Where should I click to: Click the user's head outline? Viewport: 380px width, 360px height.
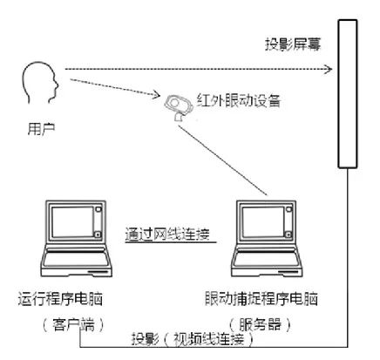tap(24, 78)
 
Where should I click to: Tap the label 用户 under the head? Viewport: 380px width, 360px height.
tap(41, 129)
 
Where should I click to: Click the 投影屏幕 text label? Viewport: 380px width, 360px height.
tap(293, 44)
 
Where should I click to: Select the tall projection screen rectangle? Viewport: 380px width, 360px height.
tap(348, 93)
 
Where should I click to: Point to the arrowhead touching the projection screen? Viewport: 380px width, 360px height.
tap(329, 69)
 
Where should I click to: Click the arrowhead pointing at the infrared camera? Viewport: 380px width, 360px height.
tap(157, 94)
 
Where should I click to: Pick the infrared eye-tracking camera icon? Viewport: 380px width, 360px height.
tap(179, 106)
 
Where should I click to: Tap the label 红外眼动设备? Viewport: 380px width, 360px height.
tap(239, 101)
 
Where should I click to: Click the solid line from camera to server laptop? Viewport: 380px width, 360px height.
tap(222, 160)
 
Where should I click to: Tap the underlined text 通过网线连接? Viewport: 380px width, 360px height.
tap(167, 234)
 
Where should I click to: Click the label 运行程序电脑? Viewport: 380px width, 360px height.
tap(60, 299)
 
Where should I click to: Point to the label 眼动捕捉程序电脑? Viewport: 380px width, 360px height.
tap(261, 299)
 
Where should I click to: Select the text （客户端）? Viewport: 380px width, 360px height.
tap(73, 324)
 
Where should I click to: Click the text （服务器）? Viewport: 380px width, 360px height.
tap(260, 324)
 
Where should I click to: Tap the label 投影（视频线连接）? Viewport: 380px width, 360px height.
tap(193, 339)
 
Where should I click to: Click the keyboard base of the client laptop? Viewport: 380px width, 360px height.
tap(77, 263)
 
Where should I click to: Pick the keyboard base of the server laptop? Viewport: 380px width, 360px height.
tap(267, 263)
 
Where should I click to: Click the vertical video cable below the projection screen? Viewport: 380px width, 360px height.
tap(348, 257)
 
